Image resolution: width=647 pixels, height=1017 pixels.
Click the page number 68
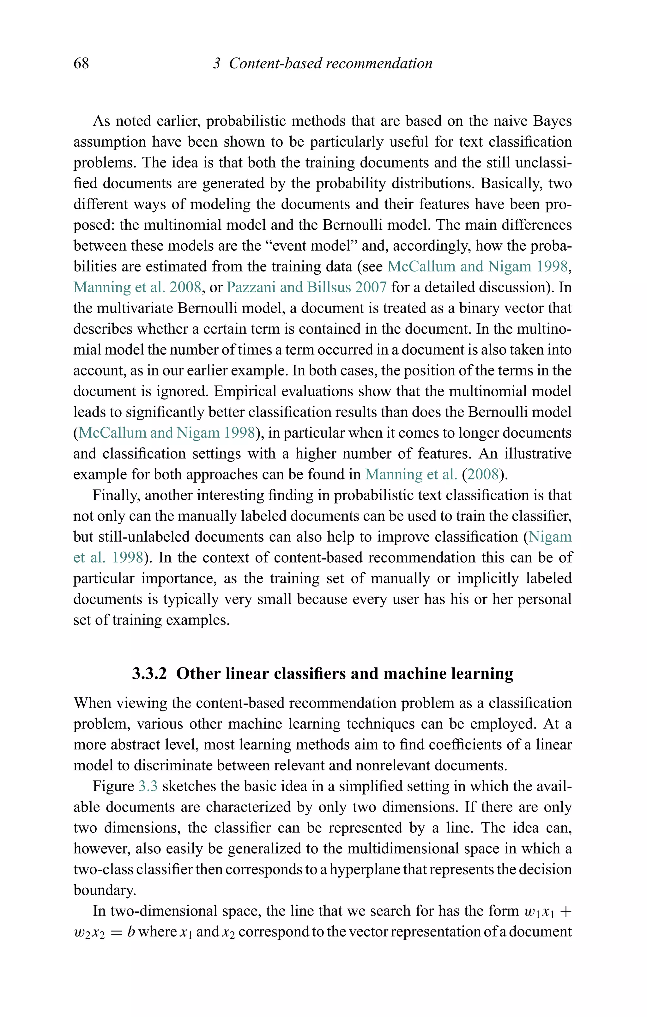click(x=81, y=63)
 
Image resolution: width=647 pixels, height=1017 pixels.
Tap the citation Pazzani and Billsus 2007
click(x=307, y=287)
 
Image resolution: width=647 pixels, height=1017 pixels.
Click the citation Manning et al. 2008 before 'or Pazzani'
click(x=137, y=287)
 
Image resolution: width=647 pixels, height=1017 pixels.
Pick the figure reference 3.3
click(x=148, y=786)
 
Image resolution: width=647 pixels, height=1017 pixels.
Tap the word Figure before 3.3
click(x=113, y=786)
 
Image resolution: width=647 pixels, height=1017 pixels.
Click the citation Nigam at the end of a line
click(x=550, y=537)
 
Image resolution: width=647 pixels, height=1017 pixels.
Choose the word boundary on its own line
click(x=104, y=890)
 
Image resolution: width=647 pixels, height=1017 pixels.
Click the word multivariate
click(x=135, y=308)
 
